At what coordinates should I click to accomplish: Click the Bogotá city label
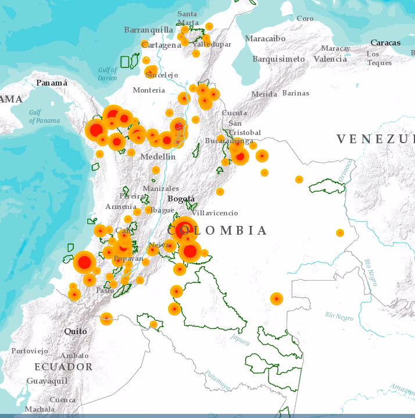click(x=181, y=199)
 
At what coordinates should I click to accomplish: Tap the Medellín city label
click(x=158, y=157)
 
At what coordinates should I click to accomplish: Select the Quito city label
click(x=76, y=331)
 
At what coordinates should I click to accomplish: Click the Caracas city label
click(x=385, y=42)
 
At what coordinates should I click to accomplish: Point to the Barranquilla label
click(x=148, y=30)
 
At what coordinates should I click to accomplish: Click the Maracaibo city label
click(x=265, y=38)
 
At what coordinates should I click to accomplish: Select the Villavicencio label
click(x=214, y=213)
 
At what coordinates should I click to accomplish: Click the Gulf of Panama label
click(x=44, y=116)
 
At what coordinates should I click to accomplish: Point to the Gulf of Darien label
click(x=107, y=74)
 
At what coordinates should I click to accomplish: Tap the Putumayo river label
click(x=217, y=379)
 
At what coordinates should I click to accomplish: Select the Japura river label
click(x=239, y=338)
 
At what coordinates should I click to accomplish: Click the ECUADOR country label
click(x=63, y=367)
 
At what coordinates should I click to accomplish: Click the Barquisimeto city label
click(x=278, y=59)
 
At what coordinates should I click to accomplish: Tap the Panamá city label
click(x=52, y=83)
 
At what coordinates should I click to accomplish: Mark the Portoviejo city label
click(x=29, y=351)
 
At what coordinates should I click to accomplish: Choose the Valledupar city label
click(x=212, y=44)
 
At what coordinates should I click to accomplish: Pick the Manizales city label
click(x=161, y=189)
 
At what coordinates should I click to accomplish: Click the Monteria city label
click(x=149, y=90)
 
